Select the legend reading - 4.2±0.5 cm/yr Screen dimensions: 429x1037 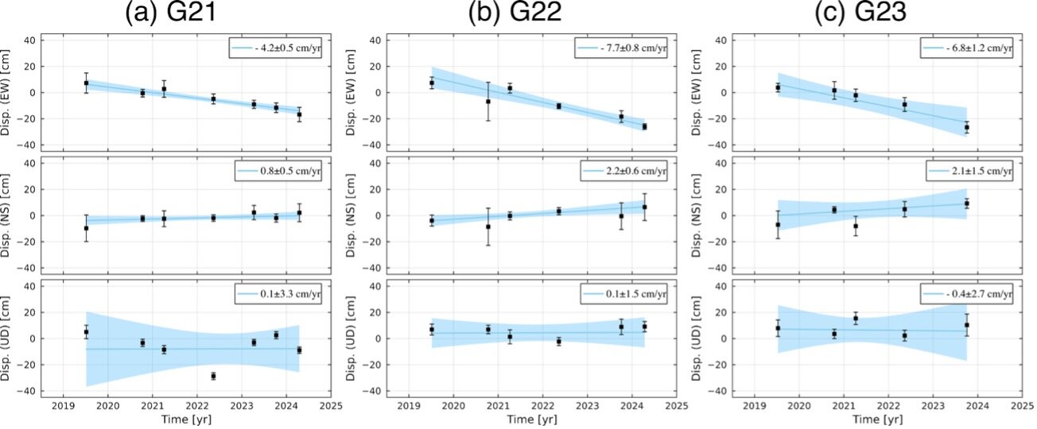click(274, 48)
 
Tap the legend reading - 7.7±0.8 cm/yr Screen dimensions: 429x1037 click(622, 48)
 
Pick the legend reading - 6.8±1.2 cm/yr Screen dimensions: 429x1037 click(967, 48)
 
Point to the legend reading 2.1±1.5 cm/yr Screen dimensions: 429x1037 click(969, 172)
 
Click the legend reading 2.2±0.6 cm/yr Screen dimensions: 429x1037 click(624, 172)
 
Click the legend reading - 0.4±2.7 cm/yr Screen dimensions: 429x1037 click(967, 295)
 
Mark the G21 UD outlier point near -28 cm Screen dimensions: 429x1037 click(213, 376)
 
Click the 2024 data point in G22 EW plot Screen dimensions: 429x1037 click(643, 126)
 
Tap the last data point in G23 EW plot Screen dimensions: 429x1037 click(966, 127)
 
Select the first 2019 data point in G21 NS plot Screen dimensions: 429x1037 click(86, 228)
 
